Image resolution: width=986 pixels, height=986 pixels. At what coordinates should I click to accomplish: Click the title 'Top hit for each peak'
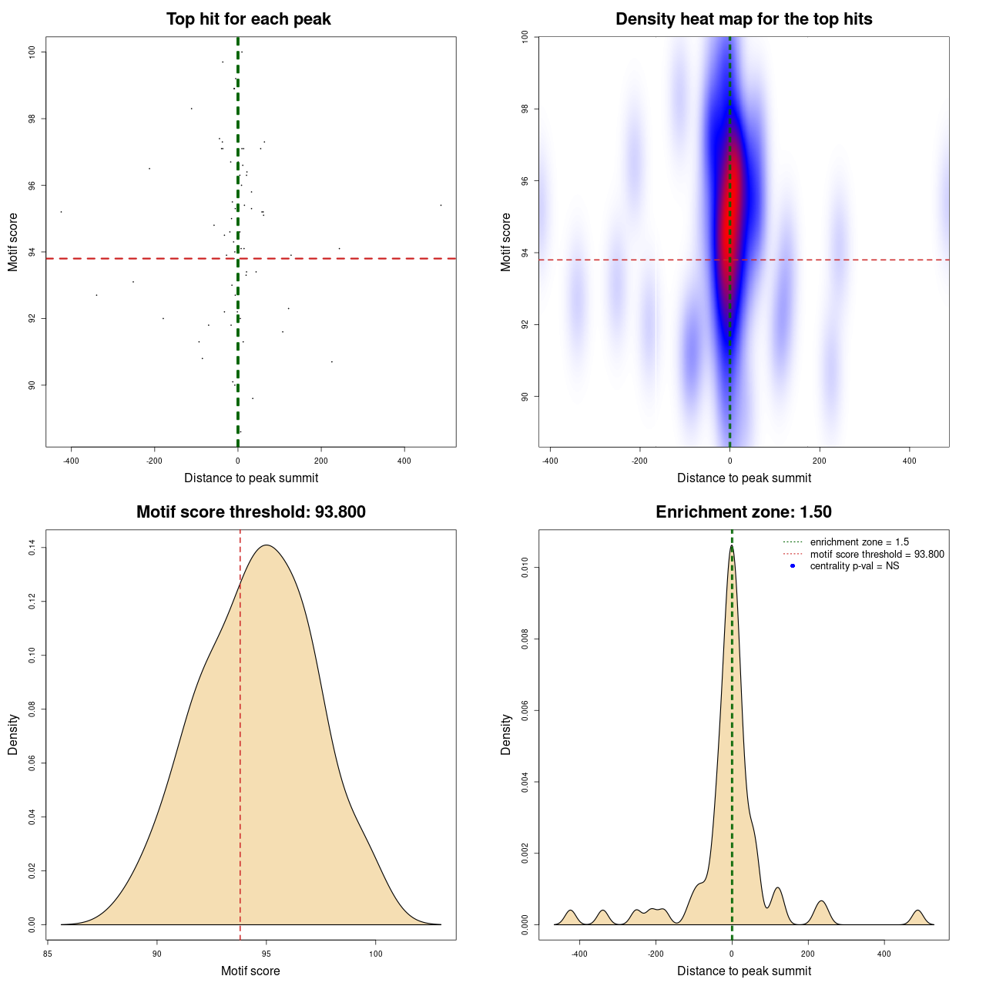pos(248,19)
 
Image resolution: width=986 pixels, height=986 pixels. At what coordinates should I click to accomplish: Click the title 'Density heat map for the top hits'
pos(743,19)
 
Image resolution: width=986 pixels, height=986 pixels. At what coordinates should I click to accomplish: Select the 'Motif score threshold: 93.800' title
pos(250,512)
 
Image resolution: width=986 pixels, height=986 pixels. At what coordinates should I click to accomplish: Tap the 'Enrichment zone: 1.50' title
pos(743,512)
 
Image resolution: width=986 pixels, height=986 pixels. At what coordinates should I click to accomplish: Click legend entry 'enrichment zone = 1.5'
pos(859,542)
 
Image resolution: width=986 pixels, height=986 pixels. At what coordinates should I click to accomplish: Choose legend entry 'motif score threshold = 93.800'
pos(877,554)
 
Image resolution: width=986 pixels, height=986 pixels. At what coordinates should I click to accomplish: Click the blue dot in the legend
pos(793,566)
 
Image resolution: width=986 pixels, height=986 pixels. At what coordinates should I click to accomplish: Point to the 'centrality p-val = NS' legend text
pos(854,566)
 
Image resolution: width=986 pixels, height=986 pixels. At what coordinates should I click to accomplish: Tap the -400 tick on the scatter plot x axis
pos(71,461)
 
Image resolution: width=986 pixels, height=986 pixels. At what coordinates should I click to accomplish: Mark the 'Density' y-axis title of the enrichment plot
pos(506,734)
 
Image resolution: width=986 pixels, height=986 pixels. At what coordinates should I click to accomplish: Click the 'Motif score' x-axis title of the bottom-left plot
pos(250,971)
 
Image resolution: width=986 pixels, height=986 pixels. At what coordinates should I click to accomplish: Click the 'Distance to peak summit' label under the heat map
pos(743,478)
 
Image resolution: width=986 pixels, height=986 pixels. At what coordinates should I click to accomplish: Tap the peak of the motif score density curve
pos(267,545)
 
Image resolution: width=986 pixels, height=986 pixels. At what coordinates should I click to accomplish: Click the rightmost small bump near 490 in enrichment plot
pos(917,911)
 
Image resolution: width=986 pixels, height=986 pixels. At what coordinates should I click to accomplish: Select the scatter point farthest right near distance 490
pos(441,205)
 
